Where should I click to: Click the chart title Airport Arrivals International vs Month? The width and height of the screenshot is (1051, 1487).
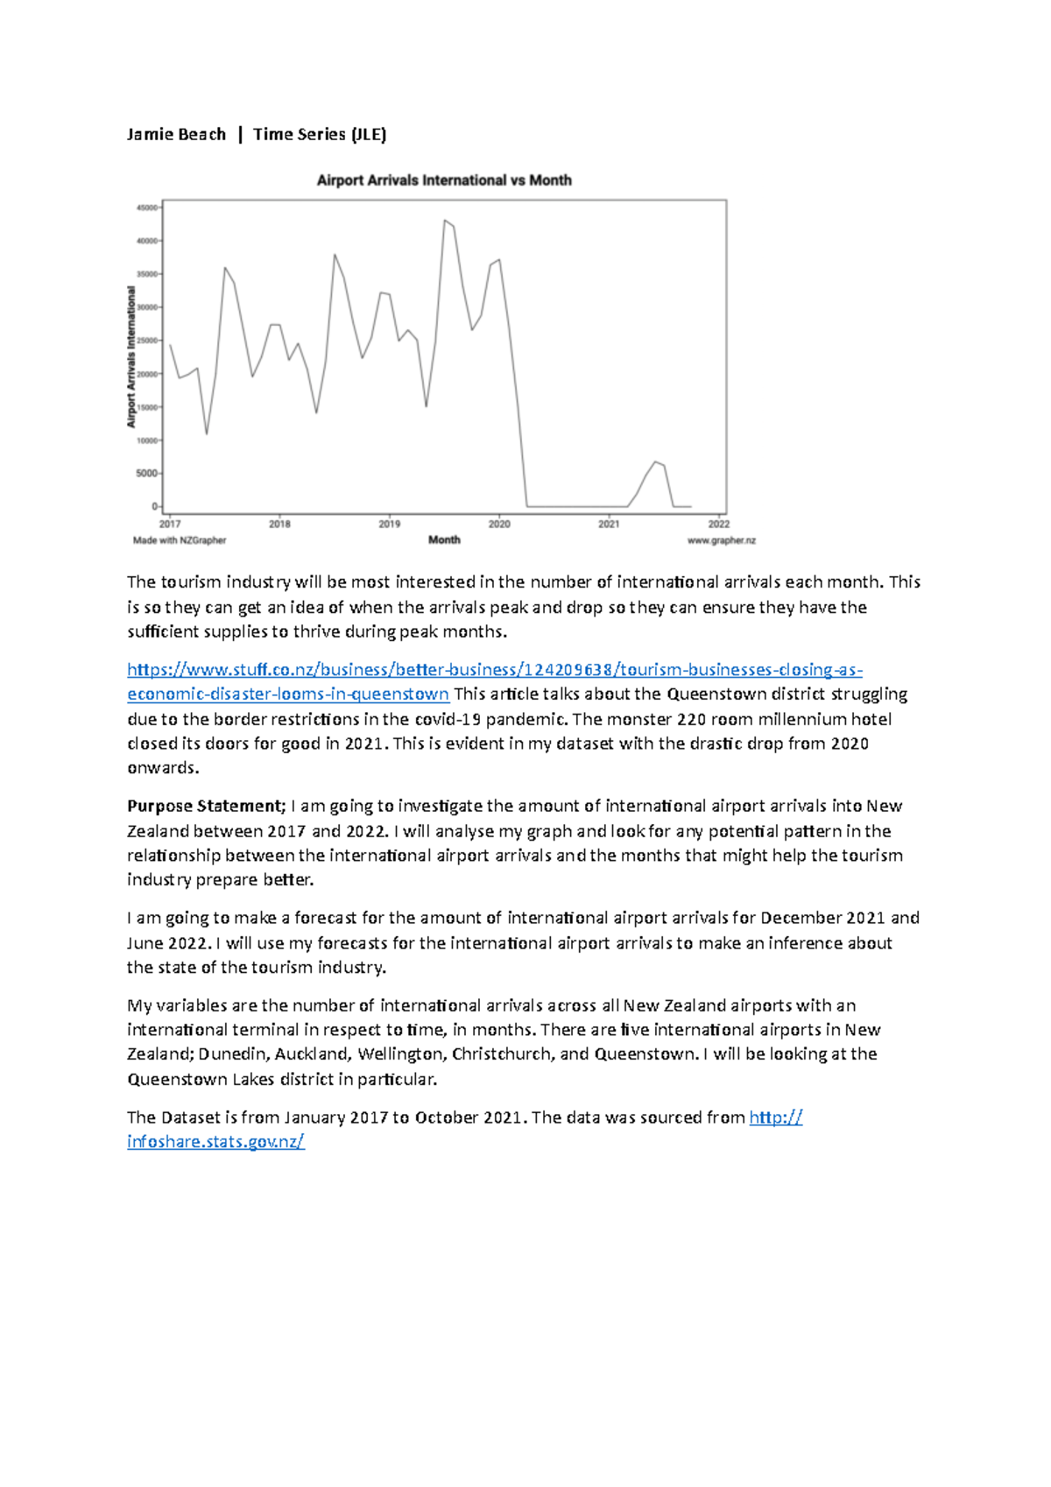pos(443,180)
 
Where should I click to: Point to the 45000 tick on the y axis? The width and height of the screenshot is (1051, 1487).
pos(146,208)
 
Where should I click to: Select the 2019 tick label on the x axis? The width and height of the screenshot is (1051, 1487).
pos(389,524)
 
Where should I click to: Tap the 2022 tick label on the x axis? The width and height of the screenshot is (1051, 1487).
pos(718,524)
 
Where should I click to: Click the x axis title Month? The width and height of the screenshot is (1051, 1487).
pos(444,539)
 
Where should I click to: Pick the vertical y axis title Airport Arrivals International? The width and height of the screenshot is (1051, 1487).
pos(131,356)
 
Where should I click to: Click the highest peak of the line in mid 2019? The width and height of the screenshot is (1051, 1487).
pos(445,221)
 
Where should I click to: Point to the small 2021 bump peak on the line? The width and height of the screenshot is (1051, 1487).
pos(654,462)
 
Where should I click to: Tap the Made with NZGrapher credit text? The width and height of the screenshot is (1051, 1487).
pos(180,540)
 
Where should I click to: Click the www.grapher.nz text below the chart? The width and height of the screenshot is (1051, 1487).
pos(721,540)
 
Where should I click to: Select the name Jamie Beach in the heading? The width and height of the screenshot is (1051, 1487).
pos(176,134)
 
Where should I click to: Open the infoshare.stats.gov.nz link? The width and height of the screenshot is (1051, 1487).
pos(215,1141)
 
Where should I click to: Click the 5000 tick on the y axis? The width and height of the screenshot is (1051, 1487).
pos(147,473)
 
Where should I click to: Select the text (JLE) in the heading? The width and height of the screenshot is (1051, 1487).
pos(368,134)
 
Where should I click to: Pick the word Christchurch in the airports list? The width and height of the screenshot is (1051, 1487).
pos(501,1054)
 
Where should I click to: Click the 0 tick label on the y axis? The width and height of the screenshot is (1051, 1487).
pos(155,506)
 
